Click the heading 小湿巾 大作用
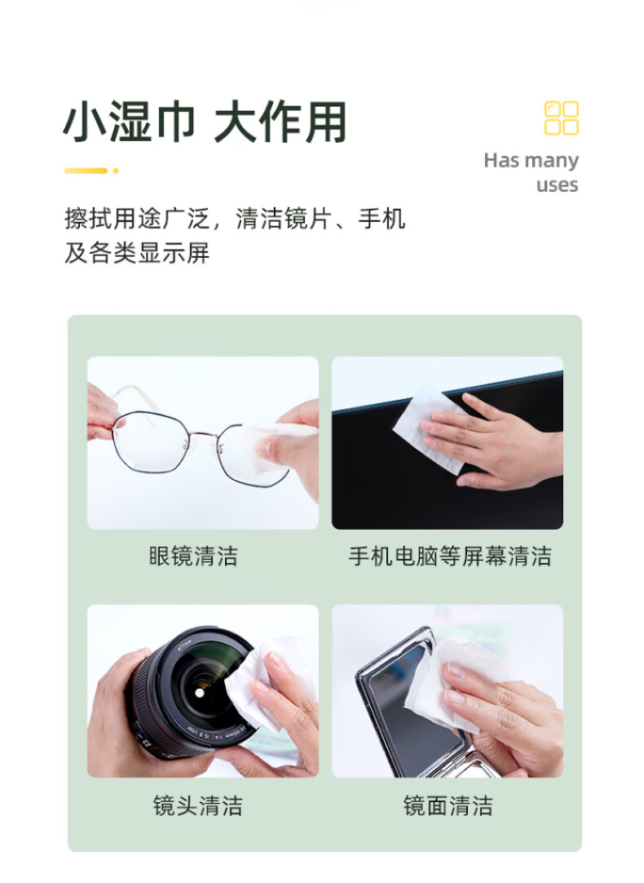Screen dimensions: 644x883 click(205, 122)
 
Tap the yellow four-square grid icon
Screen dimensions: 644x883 click(562, 118)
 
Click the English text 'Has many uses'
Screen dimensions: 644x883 click(531, 172)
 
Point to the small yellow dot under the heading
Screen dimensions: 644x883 click(115, 171)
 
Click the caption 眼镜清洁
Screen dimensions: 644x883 click(193, 557)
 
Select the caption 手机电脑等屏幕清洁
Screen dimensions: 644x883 click(450, 557)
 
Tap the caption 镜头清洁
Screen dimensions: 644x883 click(198, 805)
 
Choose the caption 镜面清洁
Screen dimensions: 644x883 click(448, 805)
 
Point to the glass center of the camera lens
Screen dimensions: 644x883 click(201, 690)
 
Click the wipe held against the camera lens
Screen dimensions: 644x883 click(264, 684)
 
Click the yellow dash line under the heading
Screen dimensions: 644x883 click(86, 171)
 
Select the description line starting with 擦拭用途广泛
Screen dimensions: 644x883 click(235, 219)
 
